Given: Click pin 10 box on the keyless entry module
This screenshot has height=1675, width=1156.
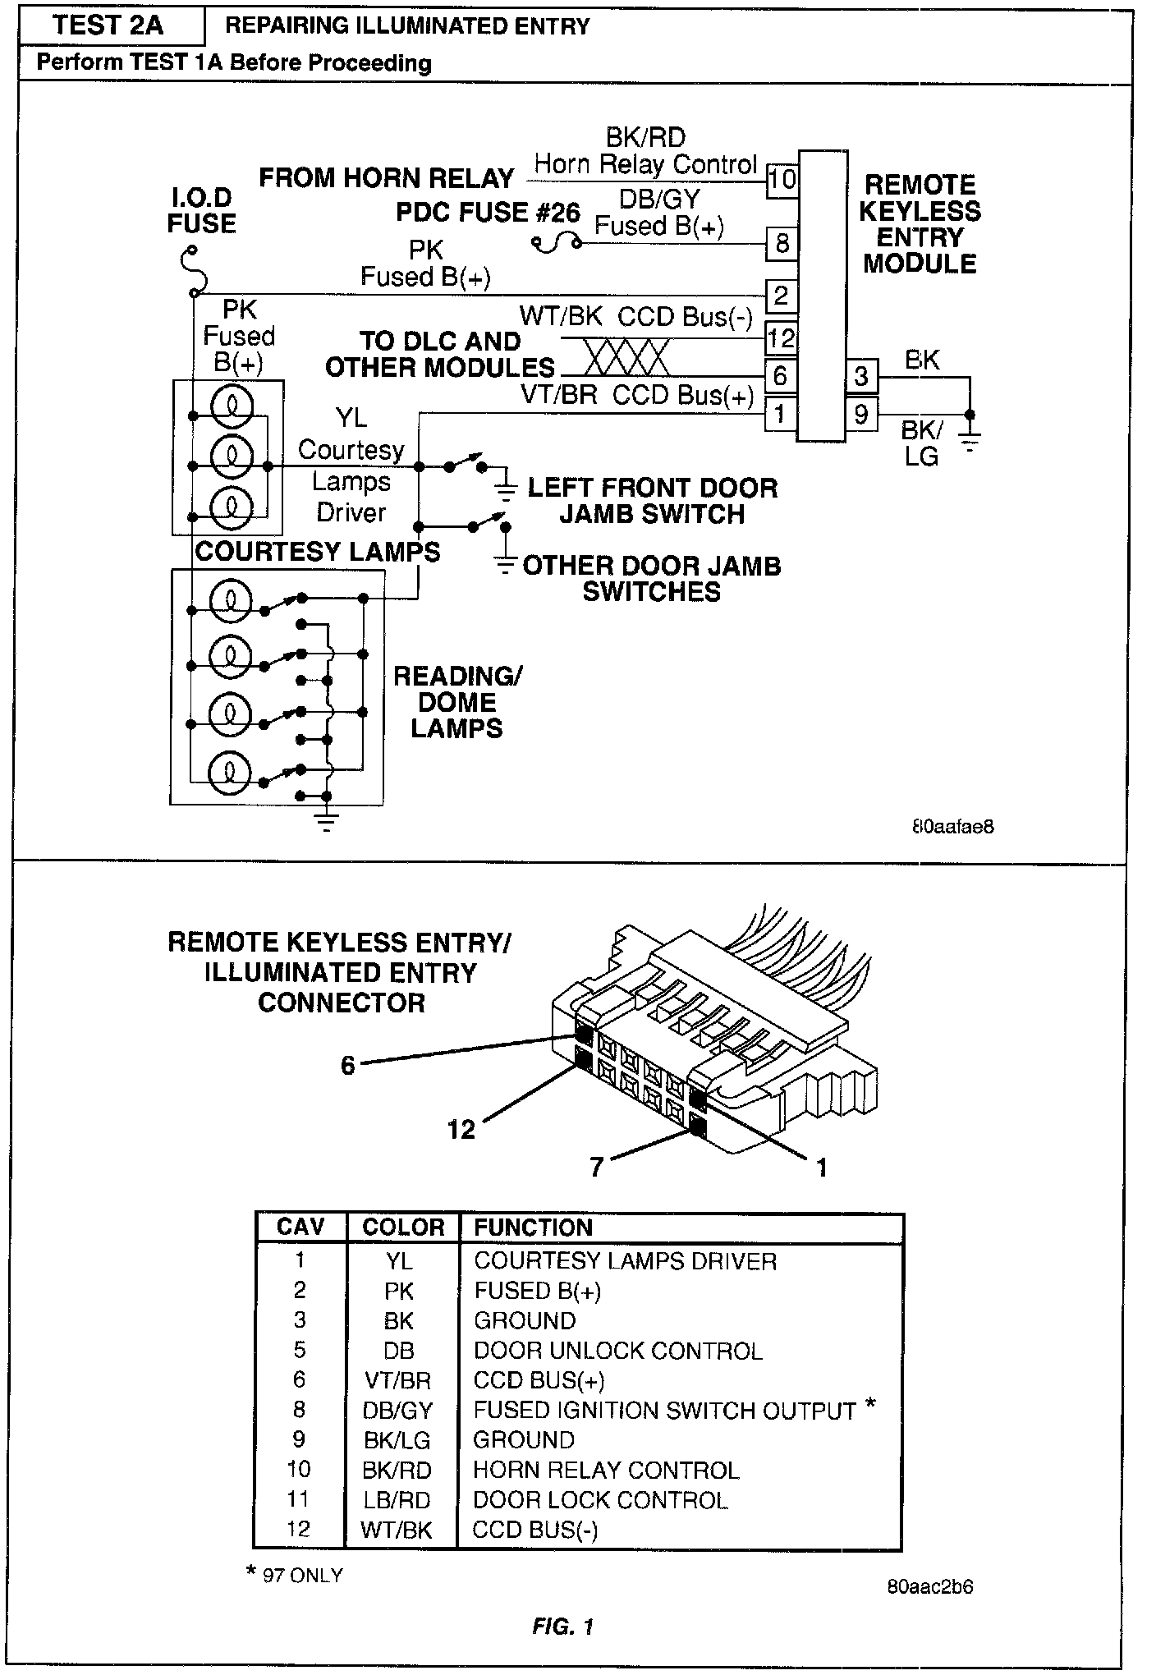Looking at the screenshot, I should [782, 180].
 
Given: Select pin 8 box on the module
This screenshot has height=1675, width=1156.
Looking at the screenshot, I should [782, 243].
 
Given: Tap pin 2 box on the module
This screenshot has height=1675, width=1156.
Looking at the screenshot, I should [781, 295].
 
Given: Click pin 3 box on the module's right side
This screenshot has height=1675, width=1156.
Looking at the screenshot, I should [861, 376].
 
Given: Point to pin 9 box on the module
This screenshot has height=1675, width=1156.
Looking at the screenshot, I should [861, 413].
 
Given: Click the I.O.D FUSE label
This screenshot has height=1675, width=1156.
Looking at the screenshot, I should [201, 211].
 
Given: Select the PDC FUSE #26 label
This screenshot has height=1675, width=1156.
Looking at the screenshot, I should [488, 213].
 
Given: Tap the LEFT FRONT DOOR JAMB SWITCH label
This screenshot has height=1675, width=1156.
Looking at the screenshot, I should [652, 501].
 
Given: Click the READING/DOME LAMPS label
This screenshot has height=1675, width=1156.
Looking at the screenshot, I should [457, 702].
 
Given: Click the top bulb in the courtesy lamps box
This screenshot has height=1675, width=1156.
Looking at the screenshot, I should [232, 406].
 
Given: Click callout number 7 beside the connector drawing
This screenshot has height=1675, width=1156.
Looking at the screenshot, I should [597, 1167].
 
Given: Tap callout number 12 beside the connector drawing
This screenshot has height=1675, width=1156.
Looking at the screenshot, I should [461, 1130].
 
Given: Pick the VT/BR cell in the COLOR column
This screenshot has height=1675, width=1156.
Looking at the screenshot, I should [398, 1381].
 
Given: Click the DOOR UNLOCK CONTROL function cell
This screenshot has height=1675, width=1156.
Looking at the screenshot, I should [618, 1351].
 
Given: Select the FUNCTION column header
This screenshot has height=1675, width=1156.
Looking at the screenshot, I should [534, 1228].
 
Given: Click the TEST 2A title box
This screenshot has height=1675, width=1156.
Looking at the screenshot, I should [108, 26].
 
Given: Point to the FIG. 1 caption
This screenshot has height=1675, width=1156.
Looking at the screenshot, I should [562, 1627].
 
